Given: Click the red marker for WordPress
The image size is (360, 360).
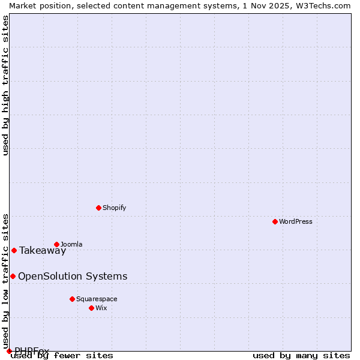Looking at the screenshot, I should pos(275,221).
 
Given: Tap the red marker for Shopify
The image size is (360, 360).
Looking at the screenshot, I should pos(98,208).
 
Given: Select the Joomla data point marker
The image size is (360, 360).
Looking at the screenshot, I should pos(56,244).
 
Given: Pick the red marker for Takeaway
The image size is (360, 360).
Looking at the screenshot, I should pos(14,250).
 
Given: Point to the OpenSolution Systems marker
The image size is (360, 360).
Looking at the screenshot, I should pos(13,276).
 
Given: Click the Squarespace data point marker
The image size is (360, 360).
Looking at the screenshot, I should pos(72,299).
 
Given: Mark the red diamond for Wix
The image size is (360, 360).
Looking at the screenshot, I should pos(91,308).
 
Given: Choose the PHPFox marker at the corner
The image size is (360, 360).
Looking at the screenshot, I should pos(9,351).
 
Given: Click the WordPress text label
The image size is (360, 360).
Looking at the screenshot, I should pos(296,221).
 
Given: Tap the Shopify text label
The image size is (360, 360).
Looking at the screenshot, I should pos(114,208).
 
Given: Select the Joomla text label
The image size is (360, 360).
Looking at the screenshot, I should pos(71,244).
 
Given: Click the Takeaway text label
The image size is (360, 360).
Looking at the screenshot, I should pos(43,251).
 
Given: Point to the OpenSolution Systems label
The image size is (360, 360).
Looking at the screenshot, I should pos(73,276).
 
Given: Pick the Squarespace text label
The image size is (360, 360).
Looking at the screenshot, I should pos(97,299).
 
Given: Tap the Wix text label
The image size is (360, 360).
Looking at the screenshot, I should pos(101,308).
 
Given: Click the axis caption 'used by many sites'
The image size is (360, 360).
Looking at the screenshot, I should pos(301,355).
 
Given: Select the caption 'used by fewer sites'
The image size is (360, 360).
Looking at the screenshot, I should pos(62,355).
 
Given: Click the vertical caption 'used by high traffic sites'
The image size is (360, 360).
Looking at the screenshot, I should pos(6,85).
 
